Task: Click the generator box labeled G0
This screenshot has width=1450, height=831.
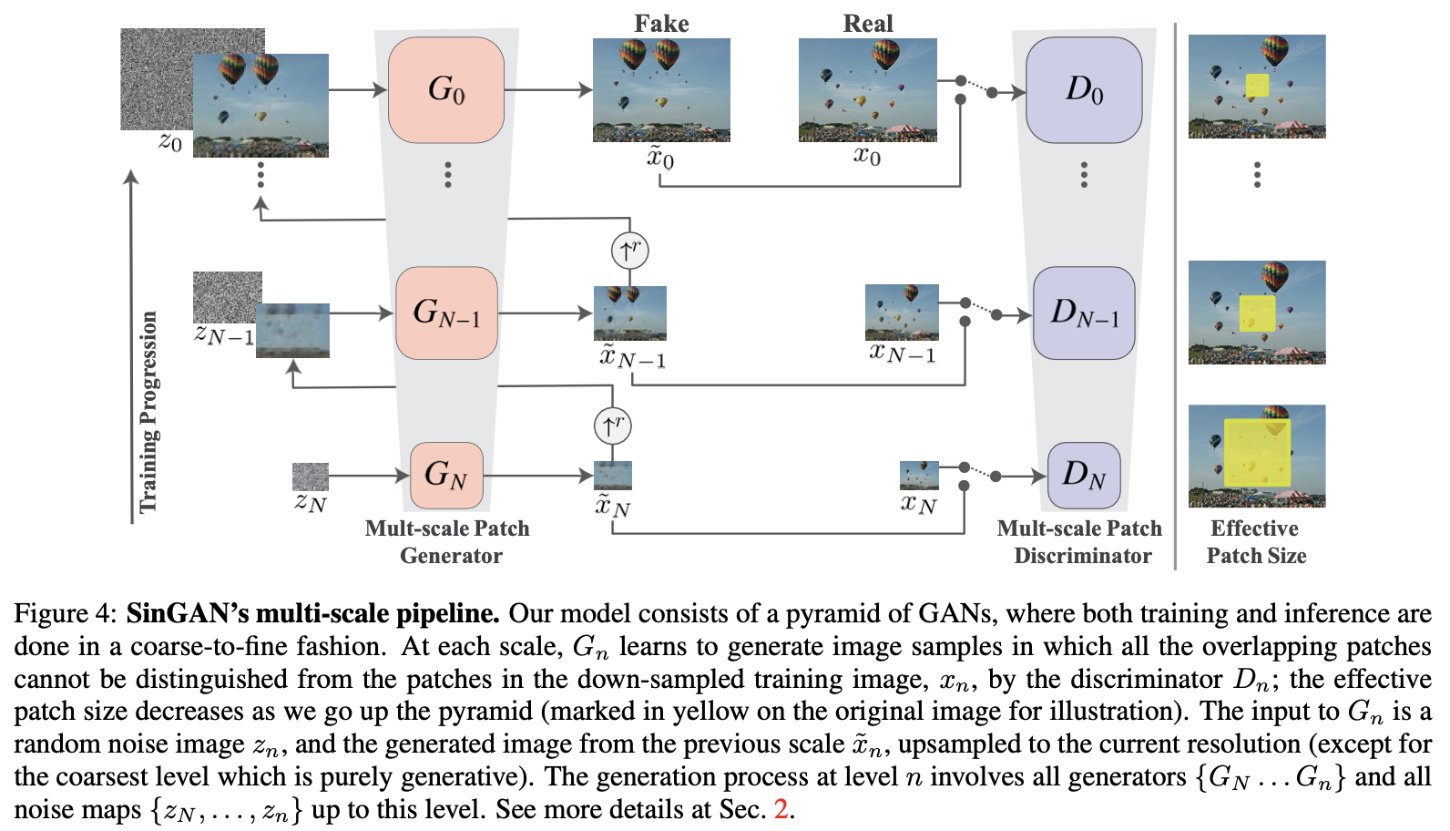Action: pos(446,89)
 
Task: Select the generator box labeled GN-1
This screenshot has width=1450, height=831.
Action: pos(446,313)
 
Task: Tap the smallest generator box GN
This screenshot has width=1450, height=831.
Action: pos(446,475)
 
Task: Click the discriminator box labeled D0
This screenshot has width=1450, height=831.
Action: pos(1084,89)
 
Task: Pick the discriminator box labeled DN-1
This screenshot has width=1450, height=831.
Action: pos(1084,313)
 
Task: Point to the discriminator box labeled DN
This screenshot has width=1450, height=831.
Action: pos(1084,475)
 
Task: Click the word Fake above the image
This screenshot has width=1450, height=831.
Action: pos(661,24)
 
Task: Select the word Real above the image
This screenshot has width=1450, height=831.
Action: pos(868,24)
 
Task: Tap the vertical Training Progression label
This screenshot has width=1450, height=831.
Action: pos(148,412)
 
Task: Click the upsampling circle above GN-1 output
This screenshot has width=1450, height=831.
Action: pos(629,250)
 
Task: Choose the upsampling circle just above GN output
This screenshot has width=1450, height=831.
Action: pos(612,425)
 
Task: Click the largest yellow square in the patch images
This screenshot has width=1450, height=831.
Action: pos(1257,453)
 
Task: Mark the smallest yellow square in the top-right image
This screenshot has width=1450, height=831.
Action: pos(1257,86)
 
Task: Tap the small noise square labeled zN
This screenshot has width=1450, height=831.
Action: pos(310,477)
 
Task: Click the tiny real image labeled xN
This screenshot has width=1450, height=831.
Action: pos(919,475)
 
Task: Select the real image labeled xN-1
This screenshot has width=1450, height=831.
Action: pos(902,313)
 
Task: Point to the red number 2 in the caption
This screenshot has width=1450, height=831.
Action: pos(781,809)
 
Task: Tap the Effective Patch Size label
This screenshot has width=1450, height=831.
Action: pos(1256,542)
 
